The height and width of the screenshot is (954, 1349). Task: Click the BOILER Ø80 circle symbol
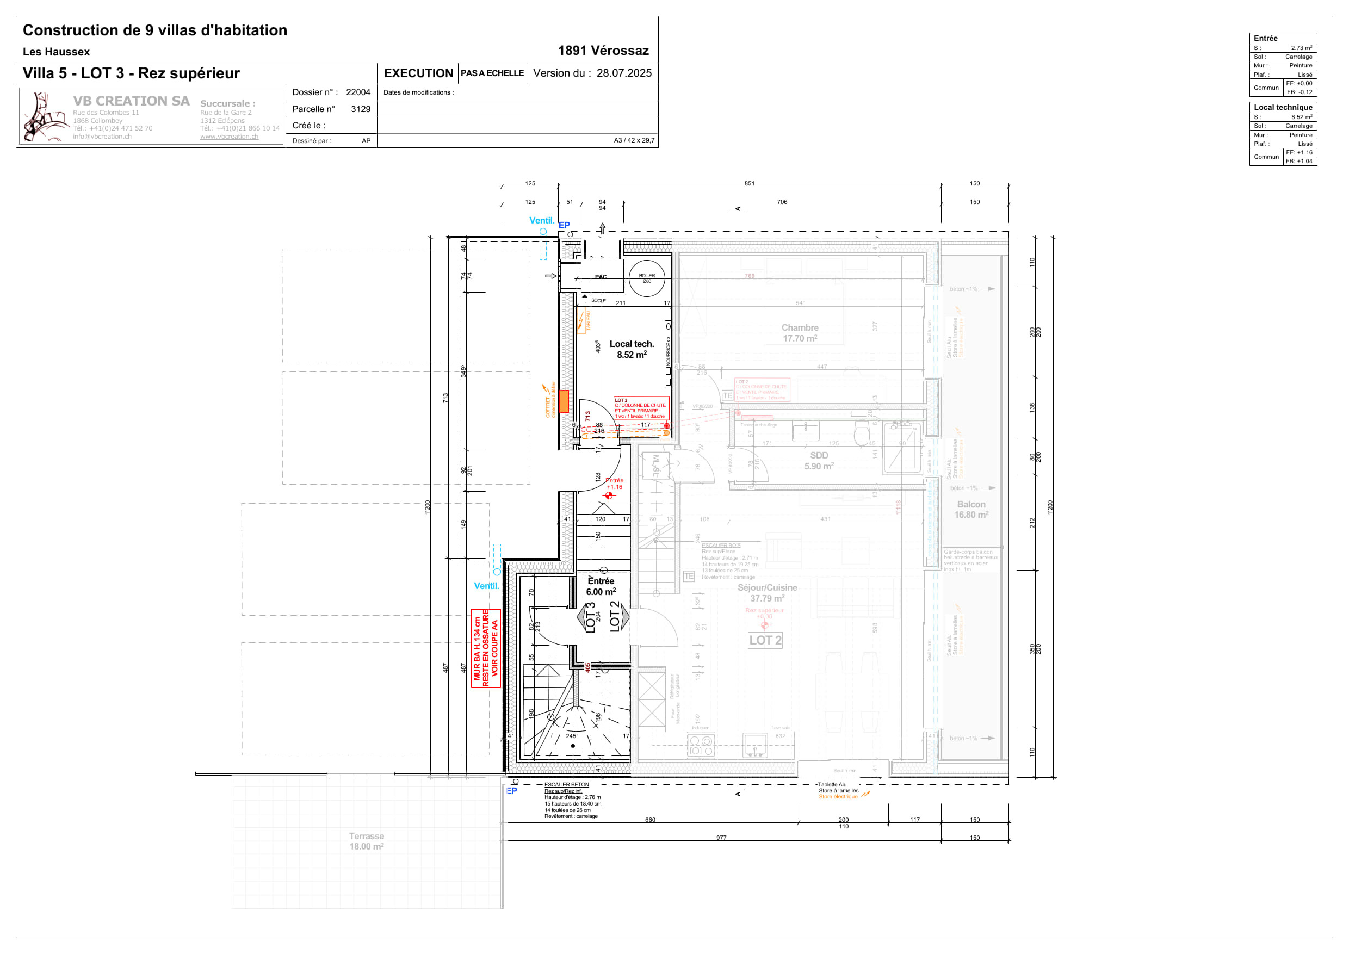click(646, 278)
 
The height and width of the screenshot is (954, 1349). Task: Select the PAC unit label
click(601, 277)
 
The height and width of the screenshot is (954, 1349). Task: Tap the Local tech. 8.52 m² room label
click(632, 349)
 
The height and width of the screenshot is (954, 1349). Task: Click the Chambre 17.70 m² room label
click(800, 332)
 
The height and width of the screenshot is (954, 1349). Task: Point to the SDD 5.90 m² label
click(819, 461)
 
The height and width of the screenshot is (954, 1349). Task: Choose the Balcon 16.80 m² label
click(971, 509)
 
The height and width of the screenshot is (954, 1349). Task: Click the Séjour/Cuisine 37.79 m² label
click(768, 593)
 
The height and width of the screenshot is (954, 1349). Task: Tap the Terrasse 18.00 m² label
click(367, 841)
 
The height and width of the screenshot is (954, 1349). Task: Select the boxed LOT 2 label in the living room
click(765, 640)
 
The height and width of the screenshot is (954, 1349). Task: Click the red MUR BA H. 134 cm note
click(485, 648)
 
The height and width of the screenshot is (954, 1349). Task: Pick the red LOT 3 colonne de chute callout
click(640, 408)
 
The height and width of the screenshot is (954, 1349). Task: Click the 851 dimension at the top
click(749, 183)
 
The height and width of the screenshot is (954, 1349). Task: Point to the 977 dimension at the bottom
click(721, 838)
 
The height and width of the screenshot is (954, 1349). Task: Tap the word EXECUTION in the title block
click(418, 73)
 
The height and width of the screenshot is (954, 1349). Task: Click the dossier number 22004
click(358, 92)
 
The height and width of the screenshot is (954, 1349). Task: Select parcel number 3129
click(360, 109)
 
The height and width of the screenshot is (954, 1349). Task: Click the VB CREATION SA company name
click(131, 101)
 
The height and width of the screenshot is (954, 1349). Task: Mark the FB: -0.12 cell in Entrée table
click(1299, 92)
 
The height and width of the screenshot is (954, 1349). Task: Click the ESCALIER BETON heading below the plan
click(566, 785)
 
